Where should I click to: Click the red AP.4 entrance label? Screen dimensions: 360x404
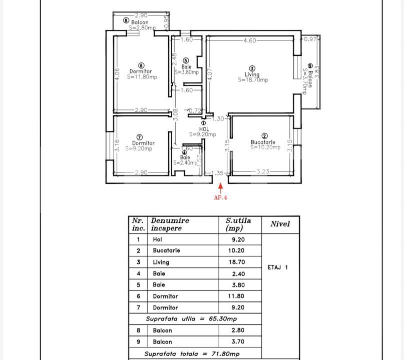tap(221, 197)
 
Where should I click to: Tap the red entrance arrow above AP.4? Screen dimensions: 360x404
tap(221, 188)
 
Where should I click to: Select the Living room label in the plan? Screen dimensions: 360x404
tap(252, 74)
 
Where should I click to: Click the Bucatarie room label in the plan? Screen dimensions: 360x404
tap(263, 142)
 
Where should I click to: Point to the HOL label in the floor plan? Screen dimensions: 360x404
tap(204, 129)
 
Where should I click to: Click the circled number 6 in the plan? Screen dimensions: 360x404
tap(141, 65)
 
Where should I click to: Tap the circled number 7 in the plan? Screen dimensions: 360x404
tap(140, 137)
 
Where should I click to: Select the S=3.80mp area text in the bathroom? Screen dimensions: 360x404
tap(187, 72)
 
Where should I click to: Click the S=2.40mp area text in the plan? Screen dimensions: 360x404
tap(185, 162)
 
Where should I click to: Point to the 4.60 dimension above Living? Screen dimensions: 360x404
tap(250, 40)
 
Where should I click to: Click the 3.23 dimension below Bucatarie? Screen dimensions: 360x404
tap(263, 172)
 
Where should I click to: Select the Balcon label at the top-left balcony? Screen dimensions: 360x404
tap(140, 22)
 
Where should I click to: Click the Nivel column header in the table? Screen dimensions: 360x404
tap(280, 224)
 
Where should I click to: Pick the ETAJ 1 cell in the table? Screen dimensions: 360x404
tap(278, 267)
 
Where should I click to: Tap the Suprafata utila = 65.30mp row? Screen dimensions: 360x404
tap(191, 318)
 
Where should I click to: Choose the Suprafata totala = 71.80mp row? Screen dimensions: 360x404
tap(192, 353)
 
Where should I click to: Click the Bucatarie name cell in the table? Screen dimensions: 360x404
tap(166, 250)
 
